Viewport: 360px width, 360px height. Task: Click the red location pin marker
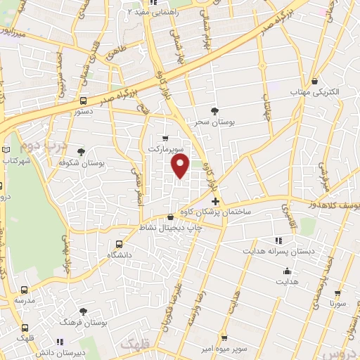click(181, 166)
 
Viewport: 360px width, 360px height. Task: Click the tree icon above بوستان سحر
click(214, 111)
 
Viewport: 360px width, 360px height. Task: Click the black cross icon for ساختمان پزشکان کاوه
click(215, 202)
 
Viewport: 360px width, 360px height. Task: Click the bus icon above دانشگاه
click(118, 243)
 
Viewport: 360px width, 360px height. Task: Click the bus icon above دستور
click(83, 100)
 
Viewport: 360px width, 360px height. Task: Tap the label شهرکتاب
click(18, 161)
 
